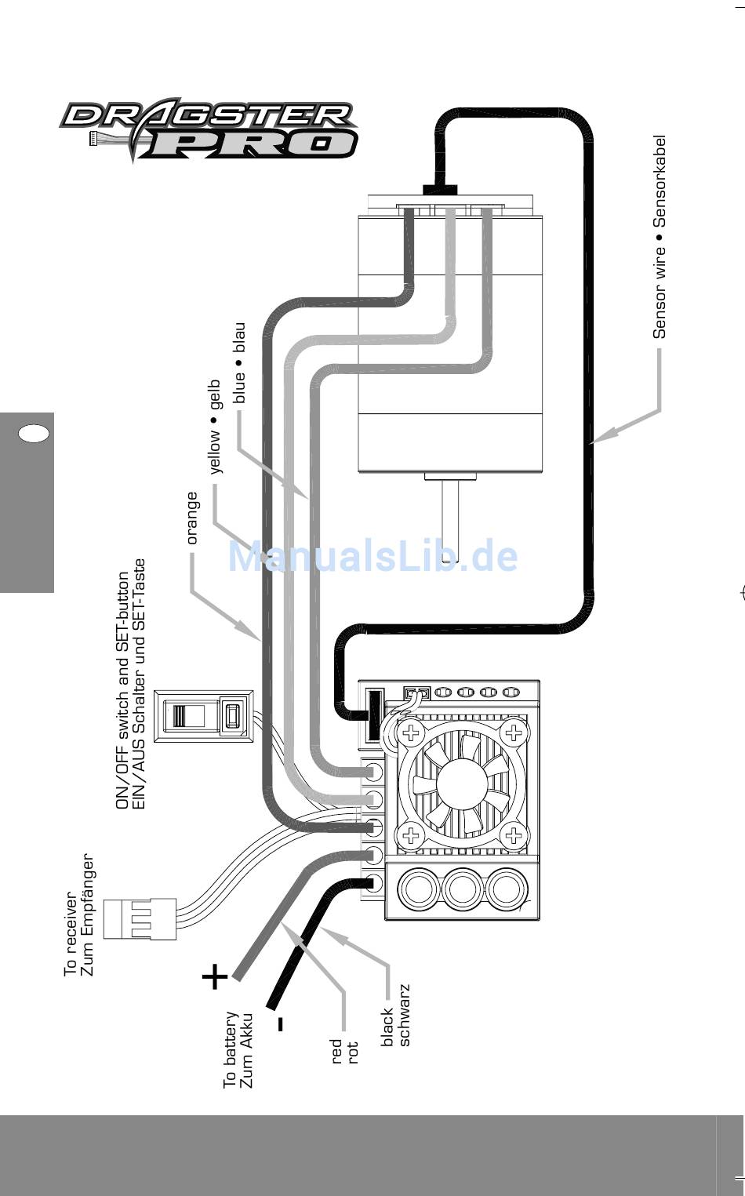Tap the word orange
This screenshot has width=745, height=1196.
(x=191, y=518)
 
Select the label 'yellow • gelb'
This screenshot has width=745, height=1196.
(x=215, y=427)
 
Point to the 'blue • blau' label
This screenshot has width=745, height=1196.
(x=239, y=363)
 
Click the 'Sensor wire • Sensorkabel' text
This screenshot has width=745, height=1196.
(x=660, y=237)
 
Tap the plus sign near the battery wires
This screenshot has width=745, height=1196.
(x=215, y=976)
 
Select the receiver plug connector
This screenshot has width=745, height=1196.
(x=140, y=919)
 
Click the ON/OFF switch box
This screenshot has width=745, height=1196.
(x=203, y=716)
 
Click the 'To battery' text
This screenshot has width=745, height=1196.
(x=231, y=1049)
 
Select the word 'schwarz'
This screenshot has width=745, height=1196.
(x=405, y=1015)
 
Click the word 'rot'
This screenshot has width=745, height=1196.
(x=352, y=1052)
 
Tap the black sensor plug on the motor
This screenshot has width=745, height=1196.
(x=441, y=190)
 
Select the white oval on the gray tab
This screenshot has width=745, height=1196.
(x=33, y=433)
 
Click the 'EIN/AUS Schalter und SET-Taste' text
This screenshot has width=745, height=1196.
(x=138, y=683)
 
